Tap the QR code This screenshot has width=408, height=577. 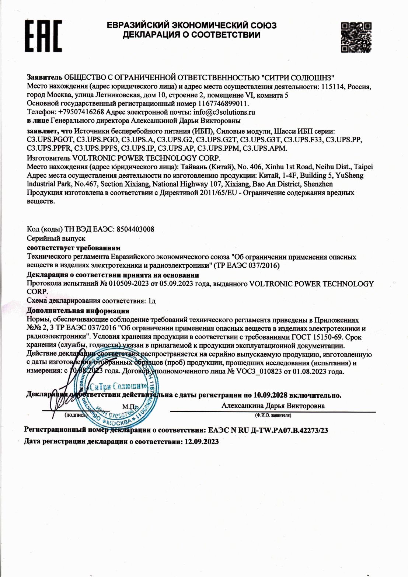(x=356, y=37)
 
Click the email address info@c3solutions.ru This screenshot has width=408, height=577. (x=224, y=112)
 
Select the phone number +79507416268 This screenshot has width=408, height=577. (x=81, y=112)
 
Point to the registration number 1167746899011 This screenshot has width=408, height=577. (x=223, y=104)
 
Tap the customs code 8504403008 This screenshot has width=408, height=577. (x=135, y=229)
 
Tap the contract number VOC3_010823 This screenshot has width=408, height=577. (x=259, y=372)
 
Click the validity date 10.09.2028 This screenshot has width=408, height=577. (x=270, y=395)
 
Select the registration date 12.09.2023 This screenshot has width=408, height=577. (x=200, y=442)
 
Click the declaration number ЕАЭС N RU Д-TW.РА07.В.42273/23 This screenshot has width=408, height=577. (x=268, y=430)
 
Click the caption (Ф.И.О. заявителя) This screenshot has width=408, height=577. (x=273, y=415)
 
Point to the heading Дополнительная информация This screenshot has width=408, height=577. (x=78, y=311)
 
